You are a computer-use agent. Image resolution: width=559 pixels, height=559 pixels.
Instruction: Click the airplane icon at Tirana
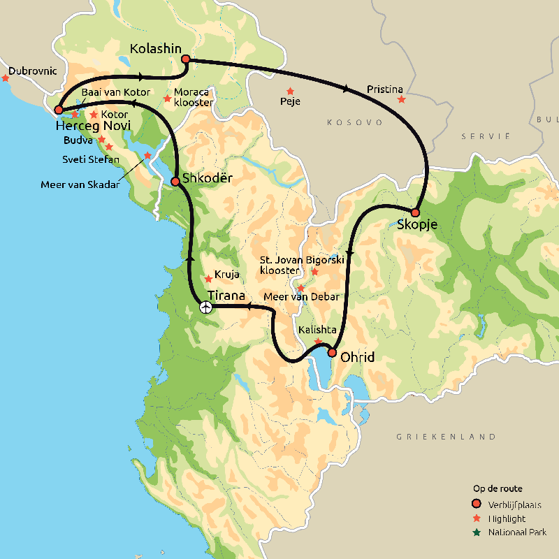205,307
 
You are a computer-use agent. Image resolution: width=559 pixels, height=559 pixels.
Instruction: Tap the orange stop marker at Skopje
415,212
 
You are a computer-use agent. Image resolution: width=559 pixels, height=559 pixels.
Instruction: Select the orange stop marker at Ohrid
333,353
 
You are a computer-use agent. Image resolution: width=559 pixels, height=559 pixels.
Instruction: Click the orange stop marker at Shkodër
175,182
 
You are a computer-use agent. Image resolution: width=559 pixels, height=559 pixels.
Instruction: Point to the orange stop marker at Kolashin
186,59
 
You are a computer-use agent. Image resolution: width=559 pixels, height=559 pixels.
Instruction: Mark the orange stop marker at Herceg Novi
59,110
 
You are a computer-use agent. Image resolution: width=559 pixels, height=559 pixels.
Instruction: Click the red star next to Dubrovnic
6,78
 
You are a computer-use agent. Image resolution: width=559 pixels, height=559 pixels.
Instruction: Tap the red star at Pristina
401,100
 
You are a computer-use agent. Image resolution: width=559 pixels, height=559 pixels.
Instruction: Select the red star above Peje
290,92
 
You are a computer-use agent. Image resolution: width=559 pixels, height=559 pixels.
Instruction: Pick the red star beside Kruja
208,279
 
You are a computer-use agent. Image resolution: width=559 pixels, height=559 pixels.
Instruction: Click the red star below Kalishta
319,342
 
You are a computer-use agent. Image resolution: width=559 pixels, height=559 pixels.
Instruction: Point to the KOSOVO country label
355,122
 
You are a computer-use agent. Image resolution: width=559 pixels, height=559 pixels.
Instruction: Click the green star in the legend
477,532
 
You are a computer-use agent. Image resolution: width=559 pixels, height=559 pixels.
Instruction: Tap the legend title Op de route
498,489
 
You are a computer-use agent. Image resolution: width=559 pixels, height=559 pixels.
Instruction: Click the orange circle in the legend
477,504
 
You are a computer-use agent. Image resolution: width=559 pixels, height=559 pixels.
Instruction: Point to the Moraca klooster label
194,97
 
